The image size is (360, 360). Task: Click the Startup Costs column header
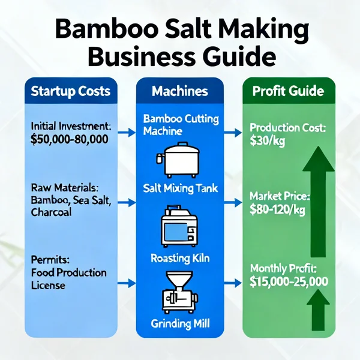coord(70,91)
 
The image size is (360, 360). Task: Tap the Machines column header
coord(180,91)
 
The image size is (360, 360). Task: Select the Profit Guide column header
coord(288,91)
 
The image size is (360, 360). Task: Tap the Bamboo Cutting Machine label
coord(180,125)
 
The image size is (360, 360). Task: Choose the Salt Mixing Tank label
coord(180,188)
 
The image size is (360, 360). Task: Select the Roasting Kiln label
coord(180,259)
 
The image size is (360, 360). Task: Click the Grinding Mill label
coord(180,325)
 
